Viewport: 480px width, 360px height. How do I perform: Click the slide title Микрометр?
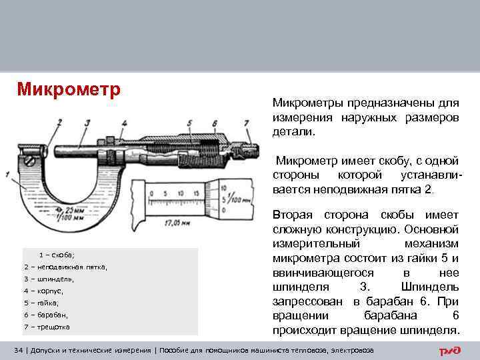(x=67, y=89)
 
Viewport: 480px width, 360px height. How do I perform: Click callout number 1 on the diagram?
(x=7, y=175)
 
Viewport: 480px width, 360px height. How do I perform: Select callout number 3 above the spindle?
(x=87, y=122)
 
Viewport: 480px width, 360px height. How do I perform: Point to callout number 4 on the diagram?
(x=124, y=122)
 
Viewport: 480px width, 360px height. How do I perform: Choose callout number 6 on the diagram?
(x=214, y=122)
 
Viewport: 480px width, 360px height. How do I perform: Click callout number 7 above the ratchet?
(x=246, y=122)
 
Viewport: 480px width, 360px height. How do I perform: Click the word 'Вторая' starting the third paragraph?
(x=293, y=215)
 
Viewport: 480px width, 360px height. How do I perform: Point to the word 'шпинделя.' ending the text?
(x=433, y=331)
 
